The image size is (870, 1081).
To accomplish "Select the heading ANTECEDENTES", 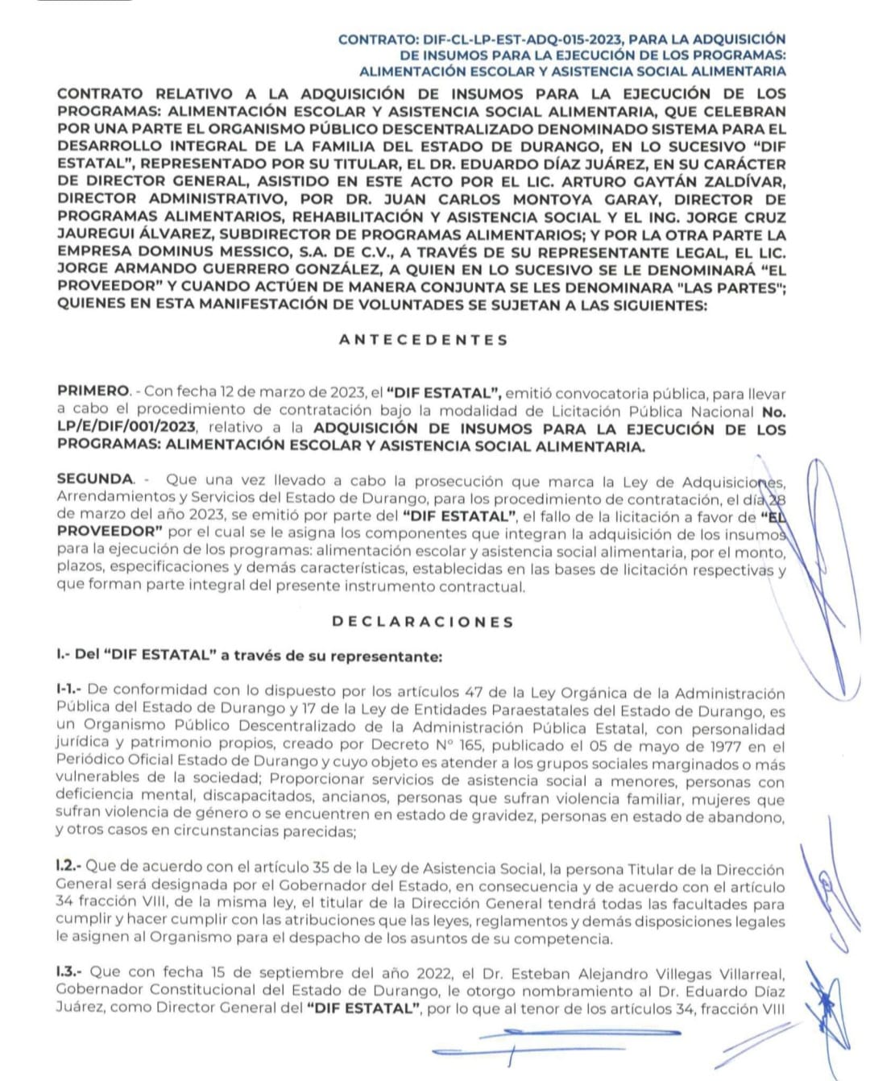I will click(424, 340).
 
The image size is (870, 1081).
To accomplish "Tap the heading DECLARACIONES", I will click(422, 622).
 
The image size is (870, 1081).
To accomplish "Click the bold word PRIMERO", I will click(93, 391).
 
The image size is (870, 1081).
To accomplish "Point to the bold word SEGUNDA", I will click(94, 479).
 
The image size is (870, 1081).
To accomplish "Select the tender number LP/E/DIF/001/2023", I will click(132, 428).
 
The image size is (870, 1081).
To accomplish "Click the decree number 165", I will click(466, 746).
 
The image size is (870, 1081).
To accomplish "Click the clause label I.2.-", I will click(68, 867).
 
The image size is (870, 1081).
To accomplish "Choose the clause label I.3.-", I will click(70, 972).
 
